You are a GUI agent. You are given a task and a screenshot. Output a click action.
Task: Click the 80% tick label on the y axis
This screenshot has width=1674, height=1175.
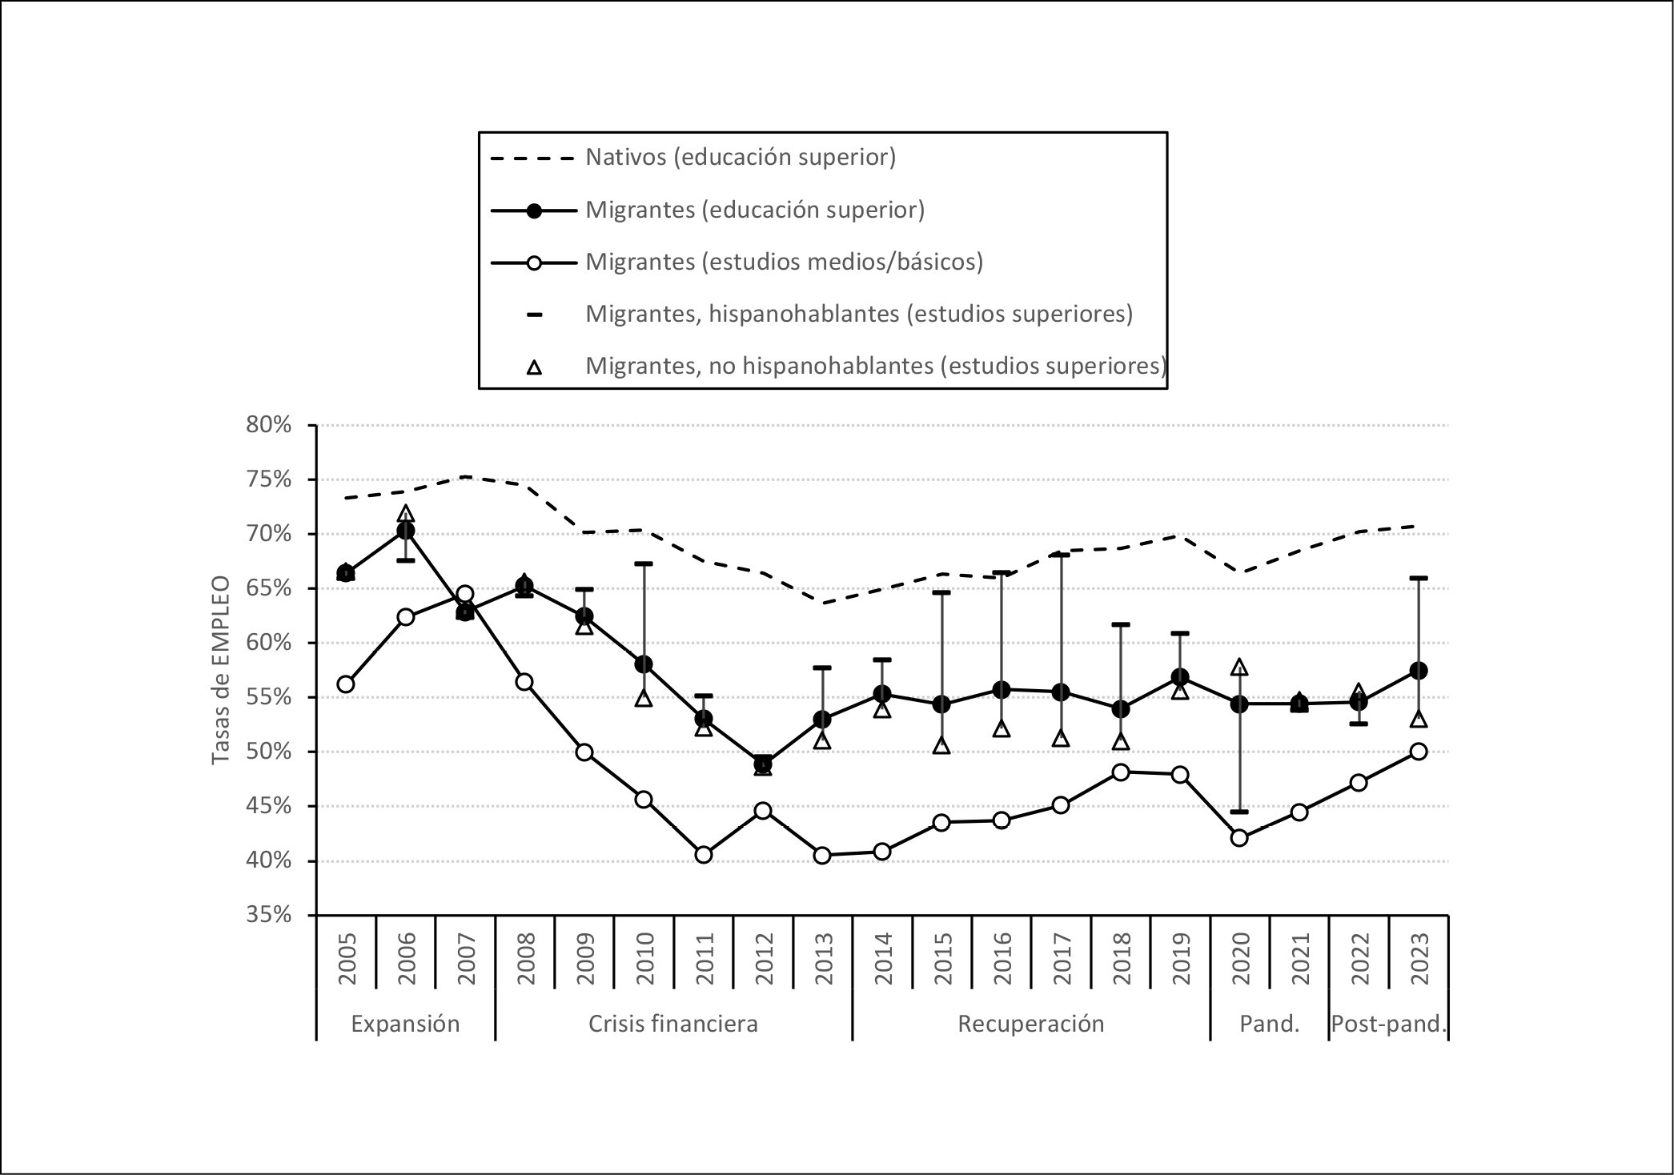pos(269,425)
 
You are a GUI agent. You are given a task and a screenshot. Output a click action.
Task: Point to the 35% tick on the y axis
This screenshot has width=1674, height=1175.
pos(269,915)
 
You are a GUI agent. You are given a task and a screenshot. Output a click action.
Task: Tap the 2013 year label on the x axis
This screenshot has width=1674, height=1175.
pos(824,958)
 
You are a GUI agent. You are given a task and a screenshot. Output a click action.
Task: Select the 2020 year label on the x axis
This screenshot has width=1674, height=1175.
pos(1240,958)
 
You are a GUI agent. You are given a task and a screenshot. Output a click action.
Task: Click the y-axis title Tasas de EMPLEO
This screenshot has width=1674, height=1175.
pos(221,669)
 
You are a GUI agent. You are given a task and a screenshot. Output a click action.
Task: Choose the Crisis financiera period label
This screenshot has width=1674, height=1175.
pos(672,1024)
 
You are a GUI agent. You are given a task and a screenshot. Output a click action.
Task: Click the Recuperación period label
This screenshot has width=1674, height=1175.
pos(1030,1024)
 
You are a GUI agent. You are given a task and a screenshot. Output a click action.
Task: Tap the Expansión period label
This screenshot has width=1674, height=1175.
pos(405,1024)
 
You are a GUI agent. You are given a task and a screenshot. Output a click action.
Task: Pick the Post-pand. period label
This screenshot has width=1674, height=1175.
pos(1389,1024)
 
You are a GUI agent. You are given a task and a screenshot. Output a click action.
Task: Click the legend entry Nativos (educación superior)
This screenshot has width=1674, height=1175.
pos(741,157)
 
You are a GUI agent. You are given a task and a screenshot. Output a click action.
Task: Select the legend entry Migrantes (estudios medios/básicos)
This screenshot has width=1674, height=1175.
pos(784,262)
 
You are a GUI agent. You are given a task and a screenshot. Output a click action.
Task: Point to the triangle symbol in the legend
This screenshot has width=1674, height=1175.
pos(534,367)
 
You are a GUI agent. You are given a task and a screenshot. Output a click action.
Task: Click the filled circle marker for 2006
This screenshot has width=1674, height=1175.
pos(406,531)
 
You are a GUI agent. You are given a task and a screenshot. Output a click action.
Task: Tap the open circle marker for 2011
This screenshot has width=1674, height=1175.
pos(704,855)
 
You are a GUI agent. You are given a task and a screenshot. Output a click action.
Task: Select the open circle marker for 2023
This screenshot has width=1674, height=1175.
pos(1419,752)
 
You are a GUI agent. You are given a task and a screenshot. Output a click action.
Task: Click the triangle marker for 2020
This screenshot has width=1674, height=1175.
pos(1239,667)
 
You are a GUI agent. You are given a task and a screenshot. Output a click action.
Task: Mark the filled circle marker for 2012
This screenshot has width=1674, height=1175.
pos(763,764)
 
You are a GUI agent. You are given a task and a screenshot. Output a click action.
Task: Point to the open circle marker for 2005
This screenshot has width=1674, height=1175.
pos(346,684)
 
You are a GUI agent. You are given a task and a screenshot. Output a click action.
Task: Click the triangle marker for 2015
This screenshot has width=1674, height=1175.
pos(941,746)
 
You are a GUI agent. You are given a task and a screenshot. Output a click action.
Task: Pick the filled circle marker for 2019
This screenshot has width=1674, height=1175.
pos(1179,677)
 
